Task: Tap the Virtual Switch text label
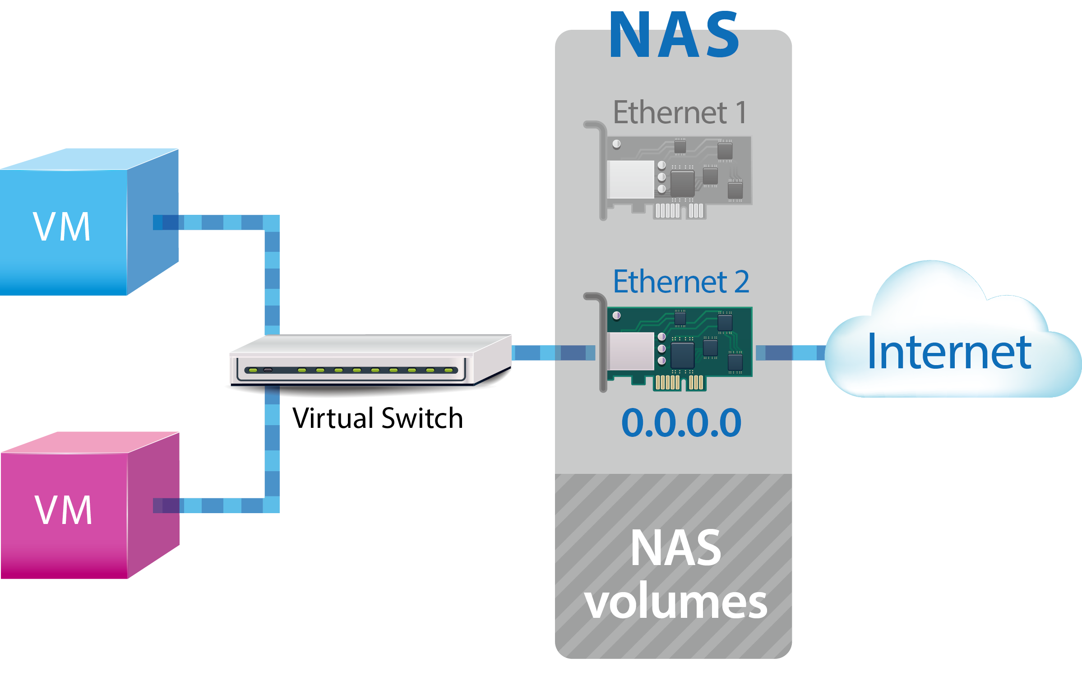click(377, 418)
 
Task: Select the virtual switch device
click(370, 361)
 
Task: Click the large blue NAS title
click(674, 36)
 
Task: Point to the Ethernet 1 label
click(680, 112)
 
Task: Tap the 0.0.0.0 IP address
click(681, 423)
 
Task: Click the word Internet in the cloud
click(949, 352)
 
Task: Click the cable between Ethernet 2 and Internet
click(790, 352)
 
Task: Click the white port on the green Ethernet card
click(631, 351)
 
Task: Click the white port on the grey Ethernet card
click(631, 179)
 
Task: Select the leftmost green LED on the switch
click(253, 370)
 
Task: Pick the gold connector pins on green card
click(679, 382)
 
